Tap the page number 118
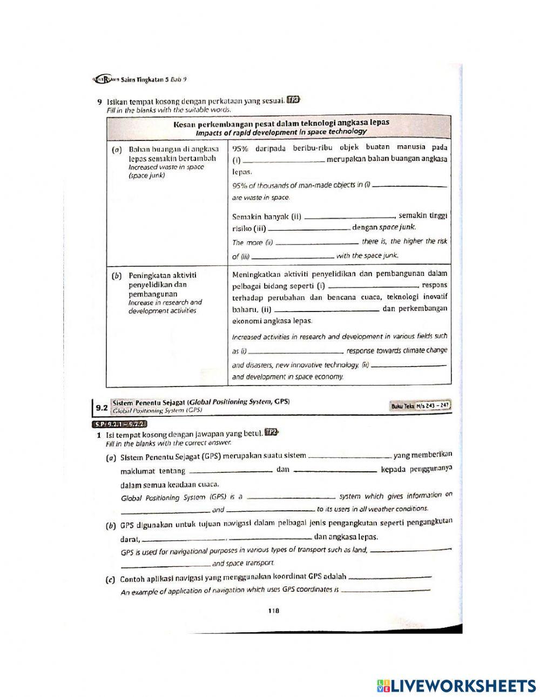273,611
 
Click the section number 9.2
101,408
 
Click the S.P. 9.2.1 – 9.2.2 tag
118,423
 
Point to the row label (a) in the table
115,150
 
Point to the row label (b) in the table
115,276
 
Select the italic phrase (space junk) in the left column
147,175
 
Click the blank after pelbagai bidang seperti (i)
373,286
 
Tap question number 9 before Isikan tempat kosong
99,101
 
